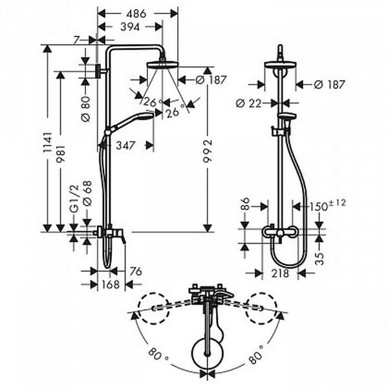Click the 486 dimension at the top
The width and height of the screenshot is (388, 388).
pyautogui.click(x=136, y=14)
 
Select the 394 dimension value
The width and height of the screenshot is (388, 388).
pyautogui.click(x=130, y=27)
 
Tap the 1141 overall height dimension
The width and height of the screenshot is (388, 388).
pyautogui.click(x=47, y=142)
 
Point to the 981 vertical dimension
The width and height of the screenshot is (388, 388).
pyautogui.click(x=61, y=153)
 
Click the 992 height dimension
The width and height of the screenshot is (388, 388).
pyautogui.click(x=208, y=151)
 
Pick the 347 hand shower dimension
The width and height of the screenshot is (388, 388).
pyautogui.click(x=125, y=145)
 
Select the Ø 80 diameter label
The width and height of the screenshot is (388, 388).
pyautogui.click(x=85, y=109)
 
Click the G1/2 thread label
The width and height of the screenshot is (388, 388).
pyautogui.click(x=74, y=199)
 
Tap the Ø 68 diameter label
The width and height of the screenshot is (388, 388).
pyautogui.click(x=87, y=193)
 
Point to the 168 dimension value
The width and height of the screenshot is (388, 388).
pyautogui.click(x=111, y=285)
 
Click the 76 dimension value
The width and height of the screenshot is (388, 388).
pyautogui.click(x=136, y=272)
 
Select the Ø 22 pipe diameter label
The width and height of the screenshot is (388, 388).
pyautogui.click(x=248, y=103)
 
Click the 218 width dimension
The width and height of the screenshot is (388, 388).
pyautogui.click(x=280, y=273)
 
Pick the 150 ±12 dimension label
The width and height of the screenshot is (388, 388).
pyautogui.click(x=327, y=205)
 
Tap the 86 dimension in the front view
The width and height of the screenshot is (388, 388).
pyautogui.click(x=246, y=204)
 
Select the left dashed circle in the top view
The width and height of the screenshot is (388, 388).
pyautogui.click(x=153, y=308)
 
